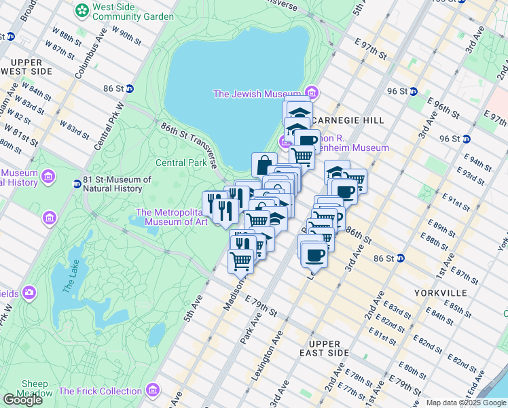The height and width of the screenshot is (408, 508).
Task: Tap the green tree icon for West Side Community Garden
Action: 81,10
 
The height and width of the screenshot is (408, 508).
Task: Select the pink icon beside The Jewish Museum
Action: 311,92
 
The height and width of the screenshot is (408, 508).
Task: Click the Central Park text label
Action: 181,163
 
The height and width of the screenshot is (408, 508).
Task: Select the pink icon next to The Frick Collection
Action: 153,390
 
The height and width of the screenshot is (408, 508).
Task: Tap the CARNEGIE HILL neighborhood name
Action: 346,120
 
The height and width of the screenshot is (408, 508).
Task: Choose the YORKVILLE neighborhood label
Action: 439,292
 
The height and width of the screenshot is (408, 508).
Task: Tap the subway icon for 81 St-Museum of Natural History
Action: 77,184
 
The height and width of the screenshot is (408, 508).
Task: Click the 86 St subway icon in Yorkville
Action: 401,258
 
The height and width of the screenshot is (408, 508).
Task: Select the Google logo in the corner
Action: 23,400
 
